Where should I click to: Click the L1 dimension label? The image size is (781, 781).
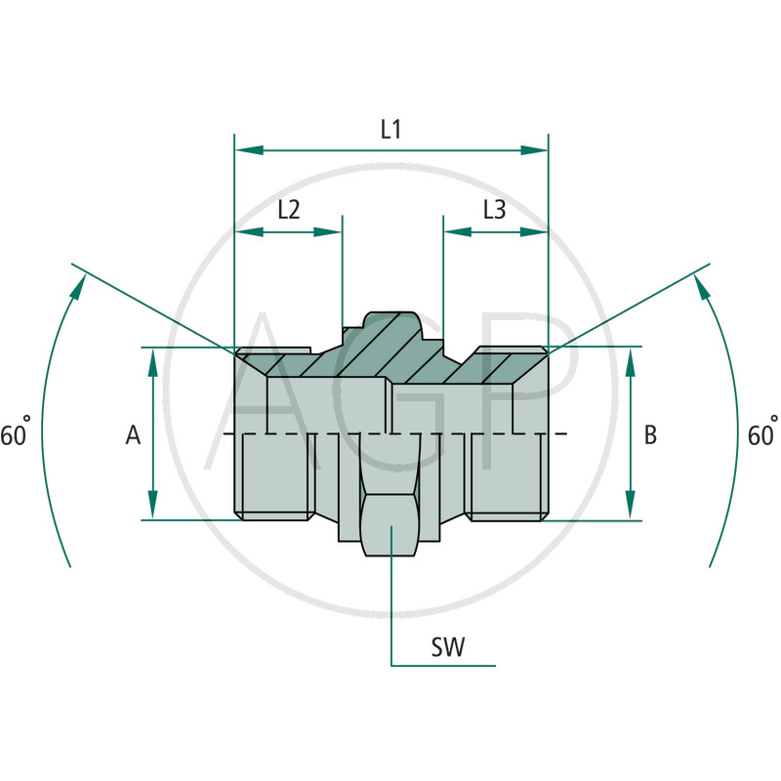(391, 130)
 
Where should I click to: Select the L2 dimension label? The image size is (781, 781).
(289, 210)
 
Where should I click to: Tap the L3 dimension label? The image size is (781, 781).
(495, 210)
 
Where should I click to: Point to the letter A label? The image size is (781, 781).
(133, 434)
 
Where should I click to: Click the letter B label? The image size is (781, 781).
(650, 434)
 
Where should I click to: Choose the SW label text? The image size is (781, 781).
(448, 647)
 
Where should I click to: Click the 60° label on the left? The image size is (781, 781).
(16, 432)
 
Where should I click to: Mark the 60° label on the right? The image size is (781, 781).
(762, 432)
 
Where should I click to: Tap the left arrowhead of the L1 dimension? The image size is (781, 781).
(249, 150)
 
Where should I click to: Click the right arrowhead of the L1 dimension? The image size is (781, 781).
(533, 150)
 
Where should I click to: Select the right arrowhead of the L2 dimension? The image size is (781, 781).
(328, 231)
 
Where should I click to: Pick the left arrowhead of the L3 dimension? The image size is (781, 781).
(457, 231)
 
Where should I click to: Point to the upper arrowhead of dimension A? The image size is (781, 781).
(153, 362)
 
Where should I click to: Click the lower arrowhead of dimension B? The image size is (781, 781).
(630, 505)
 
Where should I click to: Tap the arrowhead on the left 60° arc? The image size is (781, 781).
(77, 288)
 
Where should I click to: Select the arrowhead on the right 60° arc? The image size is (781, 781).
(701, 288)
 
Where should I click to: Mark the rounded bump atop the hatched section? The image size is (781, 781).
(391, 323)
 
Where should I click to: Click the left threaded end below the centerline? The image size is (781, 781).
(274, 476)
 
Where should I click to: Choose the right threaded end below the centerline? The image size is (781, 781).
(508, 476)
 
